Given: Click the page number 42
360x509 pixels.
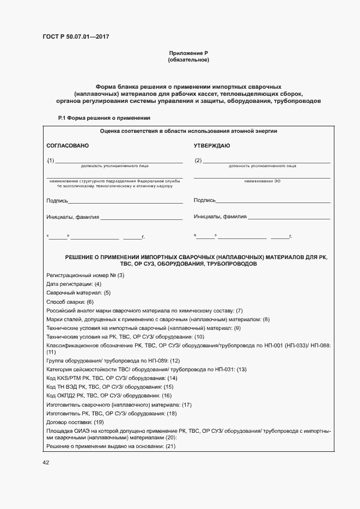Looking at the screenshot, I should [x=46, y=463].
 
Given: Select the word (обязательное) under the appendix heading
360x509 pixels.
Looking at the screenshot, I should [x=188, y=59].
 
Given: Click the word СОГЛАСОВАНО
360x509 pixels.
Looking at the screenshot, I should [x=68, y=146].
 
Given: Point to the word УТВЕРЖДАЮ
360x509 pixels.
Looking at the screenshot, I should [x=212, y=146].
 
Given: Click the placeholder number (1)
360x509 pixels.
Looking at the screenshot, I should [x=51, y=161].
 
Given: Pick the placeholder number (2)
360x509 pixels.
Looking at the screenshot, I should [x=198, y=161].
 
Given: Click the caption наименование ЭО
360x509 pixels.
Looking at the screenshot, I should [x=262, y=180].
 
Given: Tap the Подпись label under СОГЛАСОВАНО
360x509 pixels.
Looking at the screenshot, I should [x=57, y=201].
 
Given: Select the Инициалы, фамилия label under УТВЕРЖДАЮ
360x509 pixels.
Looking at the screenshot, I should [x=220, y=217].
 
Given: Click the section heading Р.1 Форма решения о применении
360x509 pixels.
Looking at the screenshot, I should [x=104, y=118].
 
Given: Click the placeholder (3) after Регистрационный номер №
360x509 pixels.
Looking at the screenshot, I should [x=121, y=275].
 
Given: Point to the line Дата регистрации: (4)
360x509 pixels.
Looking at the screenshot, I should [x=74, y=284].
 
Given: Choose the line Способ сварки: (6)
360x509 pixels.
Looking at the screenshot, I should [x=70, y=302].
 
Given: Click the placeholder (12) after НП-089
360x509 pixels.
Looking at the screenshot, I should [x=175, y=360].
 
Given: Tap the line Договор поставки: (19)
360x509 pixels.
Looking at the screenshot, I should [x=75, y=422].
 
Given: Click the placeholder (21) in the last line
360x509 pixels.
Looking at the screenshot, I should [x=170, y=447].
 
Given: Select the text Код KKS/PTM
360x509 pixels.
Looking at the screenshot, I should [x=63, y=378].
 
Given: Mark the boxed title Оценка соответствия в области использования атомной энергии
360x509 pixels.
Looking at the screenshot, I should [x=188, y=131].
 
